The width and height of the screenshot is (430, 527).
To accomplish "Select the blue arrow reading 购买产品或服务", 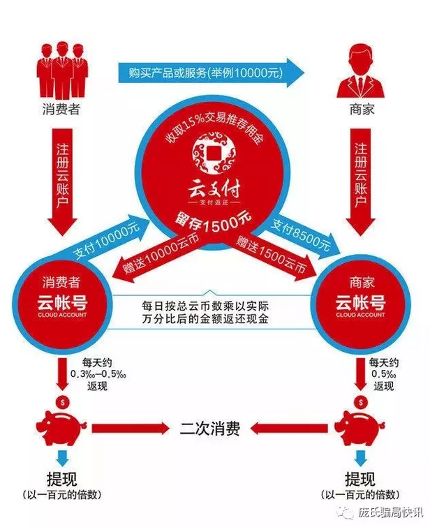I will (213, 71).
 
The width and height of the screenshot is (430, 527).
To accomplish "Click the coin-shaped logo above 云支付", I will (214, 155).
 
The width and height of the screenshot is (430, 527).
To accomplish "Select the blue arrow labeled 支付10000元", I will (105, 242).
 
